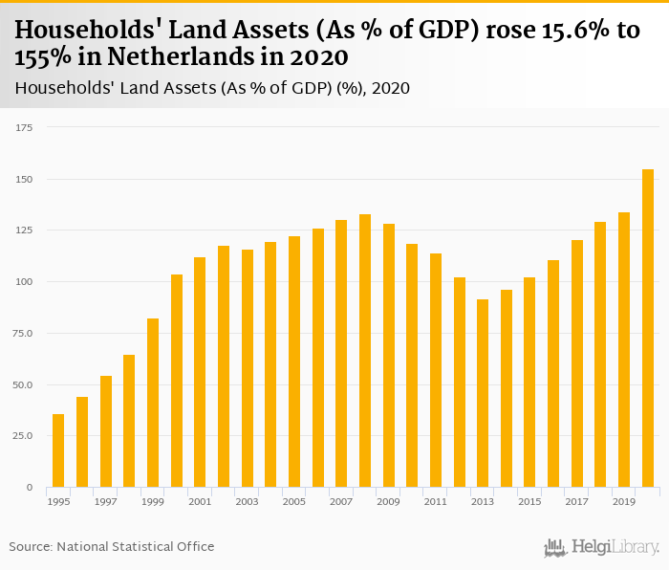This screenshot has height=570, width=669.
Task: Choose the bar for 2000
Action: pyautogui.click(x=177, y=381)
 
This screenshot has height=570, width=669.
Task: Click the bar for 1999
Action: pyautogui.click(x=153, y=403)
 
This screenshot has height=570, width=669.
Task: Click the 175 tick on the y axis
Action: pyautogui.click(x=24, y=127)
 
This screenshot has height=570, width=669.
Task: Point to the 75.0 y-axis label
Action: pyautogui.click(x=22, y=333)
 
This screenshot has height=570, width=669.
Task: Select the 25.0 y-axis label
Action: pyautogui.click(x=22, y=435)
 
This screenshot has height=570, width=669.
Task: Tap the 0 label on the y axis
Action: pyautogui.click(x=30, y=487)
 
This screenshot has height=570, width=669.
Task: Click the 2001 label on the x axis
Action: pyautogui.click(x=200, y=501)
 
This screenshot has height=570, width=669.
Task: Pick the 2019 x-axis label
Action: pyautogui.click(x=624, y=501)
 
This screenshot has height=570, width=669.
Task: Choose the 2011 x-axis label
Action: pyautogui.click(x=436, y=501)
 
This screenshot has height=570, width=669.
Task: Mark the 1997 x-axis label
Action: pyautogui.click(x=106, y=501)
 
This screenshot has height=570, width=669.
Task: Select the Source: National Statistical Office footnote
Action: pyautogui.click(x=112, y=546)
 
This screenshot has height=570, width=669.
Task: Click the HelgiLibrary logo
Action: pyautogui.click(x=602, y=548)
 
